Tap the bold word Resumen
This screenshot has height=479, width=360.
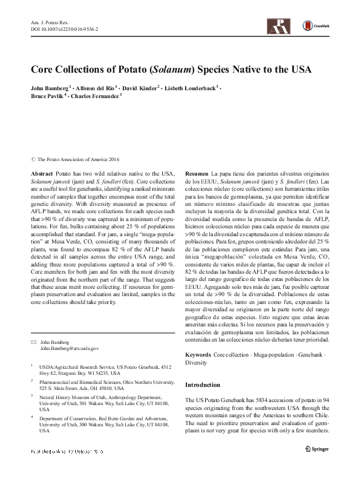[x=197, y=173]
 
